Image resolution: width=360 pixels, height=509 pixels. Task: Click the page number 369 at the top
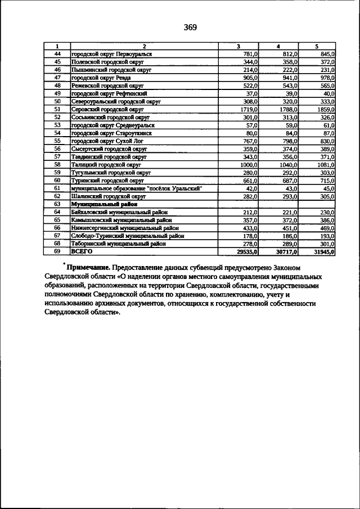(190, 27)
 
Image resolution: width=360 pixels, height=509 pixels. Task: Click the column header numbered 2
(145, 46)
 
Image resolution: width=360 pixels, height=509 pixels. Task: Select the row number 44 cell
(57, 53)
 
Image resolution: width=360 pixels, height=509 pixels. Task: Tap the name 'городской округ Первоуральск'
(112, 53)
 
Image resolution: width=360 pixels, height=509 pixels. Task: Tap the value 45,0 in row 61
(327, 188)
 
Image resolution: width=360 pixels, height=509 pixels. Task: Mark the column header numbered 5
(316, 46)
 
